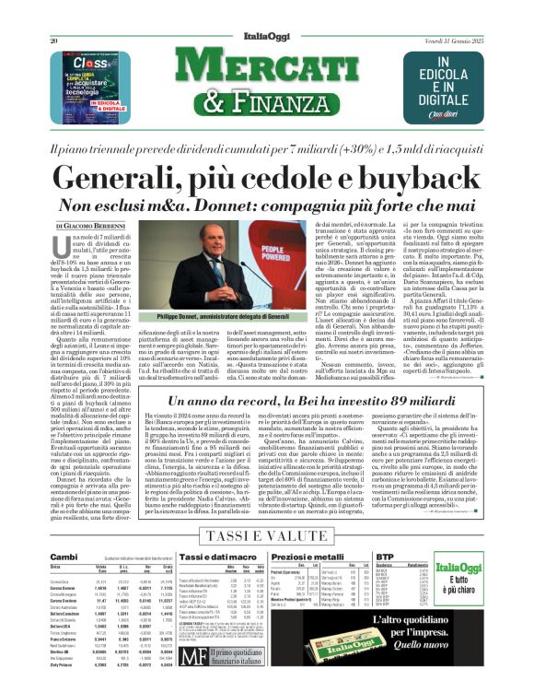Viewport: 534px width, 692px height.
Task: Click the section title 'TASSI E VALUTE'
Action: coord(266,534)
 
